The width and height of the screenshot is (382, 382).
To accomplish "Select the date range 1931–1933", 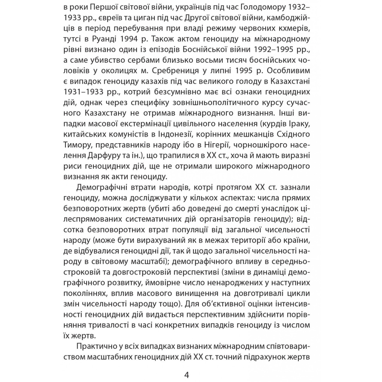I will [x=85, y=93].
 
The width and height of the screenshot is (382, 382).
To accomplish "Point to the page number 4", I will [x=187, y=375].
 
